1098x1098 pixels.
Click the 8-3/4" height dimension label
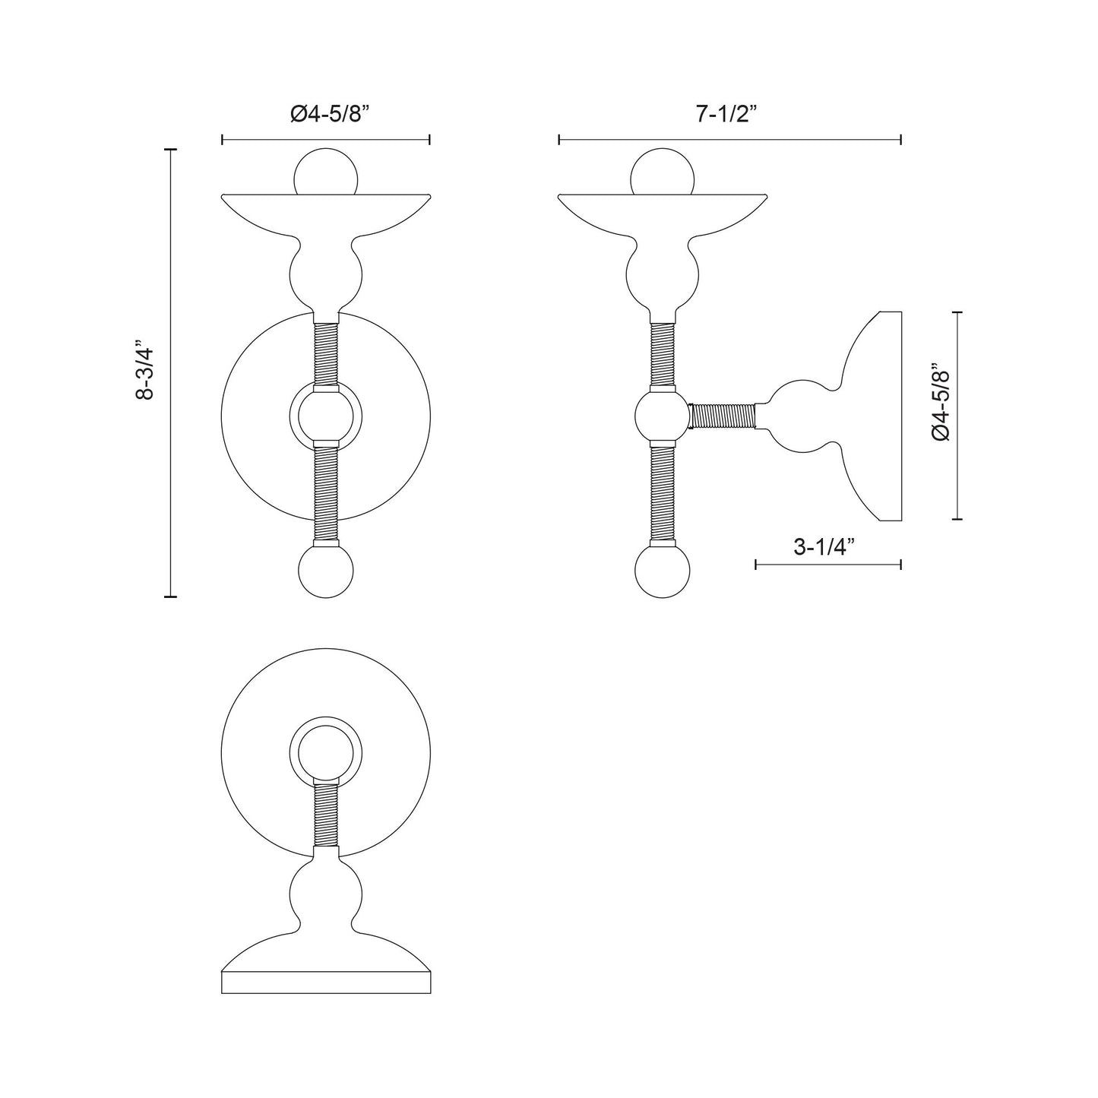pyautogui.click(x=144, y=373)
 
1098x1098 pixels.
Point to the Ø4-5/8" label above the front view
pyautogui.click(x=329, y=114)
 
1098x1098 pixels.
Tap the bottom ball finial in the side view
pyautogui.click(x=663, y=571)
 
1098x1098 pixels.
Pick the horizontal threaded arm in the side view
pyautogui.click(x=723, y=416)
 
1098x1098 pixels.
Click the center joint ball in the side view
pyautogui.click(x=662, y=415)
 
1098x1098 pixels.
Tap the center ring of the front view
pyautogui.click(x=325, y=416)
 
